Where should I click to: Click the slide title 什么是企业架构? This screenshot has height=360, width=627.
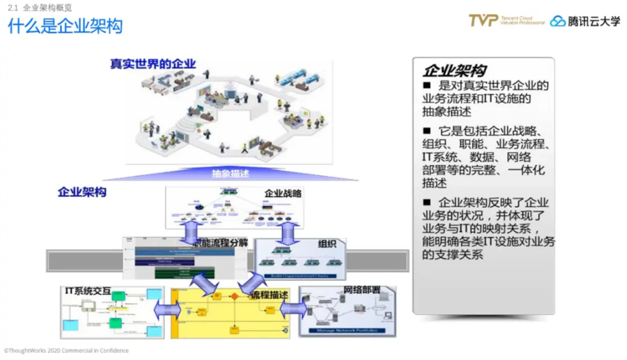click(65, 26)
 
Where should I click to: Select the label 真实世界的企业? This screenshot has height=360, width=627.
click(153, 64)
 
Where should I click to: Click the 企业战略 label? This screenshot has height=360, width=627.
click(283, 193)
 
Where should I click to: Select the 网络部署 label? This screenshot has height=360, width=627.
click(362, 290)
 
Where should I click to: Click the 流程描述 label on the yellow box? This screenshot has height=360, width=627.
click(269, 295)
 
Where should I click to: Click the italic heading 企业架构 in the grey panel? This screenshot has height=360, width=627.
click(454, 71)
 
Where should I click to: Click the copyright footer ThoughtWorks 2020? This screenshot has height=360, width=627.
click(66, 351)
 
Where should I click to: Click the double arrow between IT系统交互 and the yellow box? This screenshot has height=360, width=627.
click(167, 310)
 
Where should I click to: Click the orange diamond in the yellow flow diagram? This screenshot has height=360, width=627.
click(235, 297)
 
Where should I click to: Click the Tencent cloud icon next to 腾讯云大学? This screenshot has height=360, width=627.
click(558, 21)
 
